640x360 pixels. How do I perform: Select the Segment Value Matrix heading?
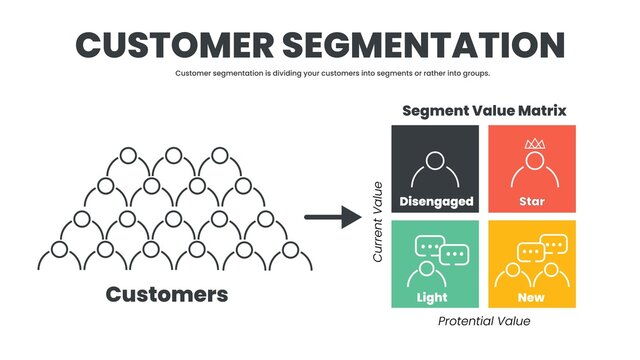click(x=484, y=111)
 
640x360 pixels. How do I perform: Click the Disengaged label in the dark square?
click(x=435, y=201)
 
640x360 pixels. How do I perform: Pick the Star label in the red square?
click(x=532, y=201)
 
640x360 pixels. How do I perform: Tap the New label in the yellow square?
click(x=532, y=297)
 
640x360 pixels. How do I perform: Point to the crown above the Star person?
click(x=533, y=144)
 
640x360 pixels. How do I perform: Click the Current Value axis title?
click(x=378, y=222)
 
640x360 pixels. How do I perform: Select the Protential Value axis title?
click(x=484, y=321)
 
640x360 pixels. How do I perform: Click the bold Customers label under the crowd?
click(x=167, y=294)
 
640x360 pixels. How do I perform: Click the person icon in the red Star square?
click(x=533, y=168)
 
